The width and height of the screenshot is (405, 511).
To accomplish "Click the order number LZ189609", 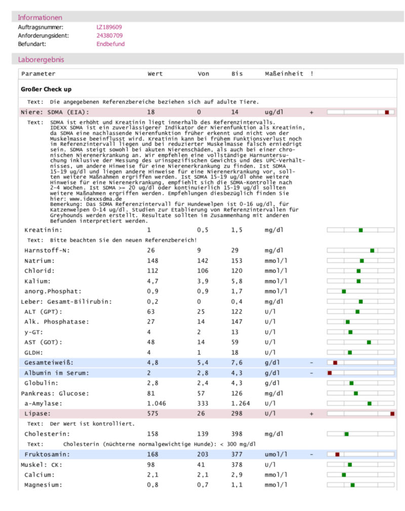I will (x=109, y=27).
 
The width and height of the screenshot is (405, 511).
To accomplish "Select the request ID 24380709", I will (x=109, y=35).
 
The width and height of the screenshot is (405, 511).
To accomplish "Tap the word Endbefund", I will (x=110, y=44).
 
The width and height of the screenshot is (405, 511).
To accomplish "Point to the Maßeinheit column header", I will (x=284, y=73).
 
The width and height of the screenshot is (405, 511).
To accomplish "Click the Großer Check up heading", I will (x=46, y=89).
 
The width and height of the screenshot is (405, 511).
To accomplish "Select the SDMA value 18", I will (x=151, y=112).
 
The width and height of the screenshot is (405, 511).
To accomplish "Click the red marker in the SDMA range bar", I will (x=387, y=112).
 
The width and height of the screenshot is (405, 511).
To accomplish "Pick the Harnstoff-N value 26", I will (x=151, y=250).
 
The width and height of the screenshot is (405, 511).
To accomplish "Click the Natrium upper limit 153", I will (x=237, y=260).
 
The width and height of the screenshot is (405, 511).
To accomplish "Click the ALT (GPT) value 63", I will (x=151, y=311).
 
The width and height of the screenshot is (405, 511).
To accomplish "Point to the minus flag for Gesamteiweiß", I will (x=312, y=363).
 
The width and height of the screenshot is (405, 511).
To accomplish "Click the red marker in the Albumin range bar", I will (x=330, y=373).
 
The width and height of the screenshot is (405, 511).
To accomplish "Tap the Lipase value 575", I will (x=152, y=414).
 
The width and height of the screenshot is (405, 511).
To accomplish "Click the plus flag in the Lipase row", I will (x=312, y=414).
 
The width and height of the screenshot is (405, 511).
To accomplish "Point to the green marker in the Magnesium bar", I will (x=352, y=485).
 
